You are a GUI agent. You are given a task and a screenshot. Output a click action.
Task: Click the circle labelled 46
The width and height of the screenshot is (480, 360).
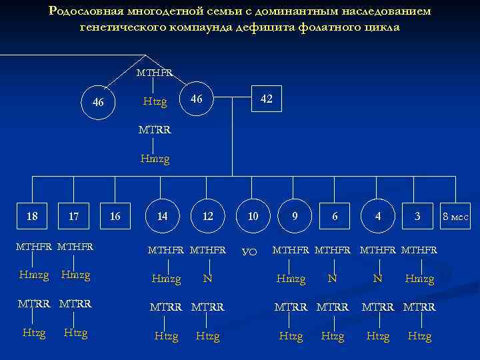(98, 103)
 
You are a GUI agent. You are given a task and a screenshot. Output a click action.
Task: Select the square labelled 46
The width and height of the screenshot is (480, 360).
(196, 99)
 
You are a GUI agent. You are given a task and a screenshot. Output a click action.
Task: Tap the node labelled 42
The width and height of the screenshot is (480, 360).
(266, 99)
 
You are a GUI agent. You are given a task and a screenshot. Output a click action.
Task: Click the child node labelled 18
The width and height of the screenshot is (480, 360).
(31, 216)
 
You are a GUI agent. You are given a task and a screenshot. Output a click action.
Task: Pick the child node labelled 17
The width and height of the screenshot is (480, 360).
(74, 216)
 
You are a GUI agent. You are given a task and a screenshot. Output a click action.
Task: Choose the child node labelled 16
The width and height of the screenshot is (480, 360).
(115, 216)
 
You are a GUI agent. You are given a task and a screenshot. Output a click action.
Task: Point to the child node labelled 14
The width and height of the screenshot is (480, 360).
(162, 216)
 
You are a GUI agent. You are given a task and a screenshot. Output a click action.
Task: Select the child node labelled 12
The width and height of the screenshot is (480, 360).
(208, 216)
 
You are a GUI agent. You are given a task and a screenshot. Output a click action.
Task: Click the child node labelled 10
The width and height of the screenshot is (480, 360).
(253, 216)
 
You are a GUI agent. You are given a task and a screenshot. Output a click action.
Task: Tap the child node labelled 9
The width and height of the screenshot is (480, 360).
(294, 216)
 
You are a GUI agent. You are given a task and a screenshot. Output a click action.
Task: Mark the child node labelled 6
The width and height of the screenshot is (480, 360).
(335, 216)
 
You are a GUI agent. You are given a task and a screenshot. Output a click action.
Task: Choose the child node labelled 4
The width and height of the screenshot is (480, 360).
(378, 216)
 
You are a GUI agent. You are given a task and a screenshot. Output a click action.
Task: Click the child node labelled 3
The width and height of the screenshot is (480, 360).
(417, 216)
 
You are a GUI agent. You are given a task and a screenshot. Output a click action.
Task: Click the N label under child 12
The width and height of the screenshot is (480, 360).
(208, 279)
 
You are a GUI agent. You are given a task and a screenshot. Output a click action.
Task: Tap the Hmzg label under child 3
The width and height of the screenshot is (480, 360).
(419, 279)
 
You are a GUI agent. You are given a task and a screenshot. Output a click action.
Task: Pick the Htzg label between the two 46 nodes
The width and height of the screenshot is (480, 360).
(155, 101)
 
